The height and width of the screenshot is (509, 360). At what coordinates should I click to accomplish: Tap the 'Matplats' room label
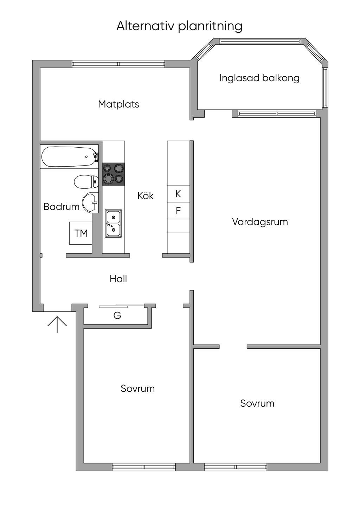pos(118,104)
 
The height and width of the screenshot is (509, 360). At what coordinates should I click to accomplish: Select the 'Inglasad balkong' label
pos(259,78)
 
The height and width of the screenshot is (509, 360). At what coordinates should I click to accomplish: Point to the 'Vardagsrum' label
pos(260,222)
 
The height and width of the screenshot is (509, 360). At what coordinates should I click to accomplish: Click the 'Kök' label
pos(146,196)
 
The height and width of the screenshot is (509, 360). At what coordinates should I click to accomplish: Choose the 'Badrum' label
pos(62,207)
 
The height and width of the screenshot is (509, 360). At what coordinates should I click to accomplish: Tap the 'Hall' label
pos(118,279)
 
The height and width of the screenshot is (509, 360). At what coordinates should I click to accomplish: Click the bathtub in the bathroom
pos(70,157)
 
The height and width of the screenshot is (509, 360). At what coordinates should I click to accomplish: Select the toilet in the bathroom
pos(86,181)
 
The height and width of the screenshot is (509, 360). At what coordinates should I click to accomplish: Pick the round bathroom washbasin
pos(90,202)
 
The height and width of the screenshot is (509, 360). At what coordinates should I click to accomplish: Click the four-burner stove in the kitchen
pos(114,174)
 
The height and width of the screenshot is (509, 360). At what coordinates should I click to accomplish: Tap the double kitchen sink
pos(113,223)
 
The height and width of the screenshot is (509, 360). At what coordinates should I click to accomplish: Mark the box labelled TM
pos(81,233)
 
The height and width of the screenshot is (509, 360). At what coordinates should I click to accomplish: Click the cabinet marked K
pos(178,194)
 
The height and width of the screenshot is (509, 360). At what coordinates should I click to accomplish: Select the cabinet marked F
pos(178,211)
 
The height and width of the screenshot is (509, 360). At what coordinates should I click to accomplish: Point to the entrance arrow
pos(57,325)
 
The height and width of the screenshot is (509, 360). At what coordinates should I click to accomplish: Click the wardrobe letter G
pos(117,315)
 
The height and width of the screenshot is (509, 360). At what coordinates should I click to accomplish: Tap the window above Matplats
pos(118,64)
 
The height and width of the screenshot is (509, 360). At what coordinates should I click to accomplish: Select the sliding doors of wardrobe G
pos(121,305)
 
